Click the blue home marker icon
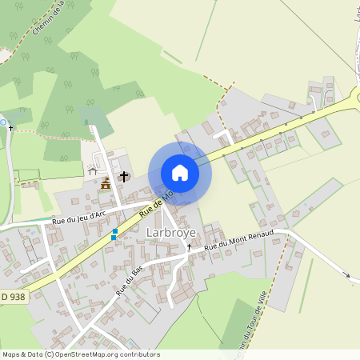tap(180, 173)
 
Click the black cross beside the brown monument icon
tap(124, 175)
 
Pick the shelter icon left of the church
tap(92, 170)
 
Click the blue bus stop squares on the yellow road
tap(114, 234)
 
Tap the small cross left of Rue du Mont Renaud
tap(190, 247)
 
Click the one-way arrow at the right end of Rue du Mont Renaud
tap(347, 276)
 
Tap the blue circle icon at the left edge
tap(2, 122)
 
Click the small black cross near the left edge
tap(10, 127)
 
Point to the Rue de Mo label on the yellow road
tap(157, 204)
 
